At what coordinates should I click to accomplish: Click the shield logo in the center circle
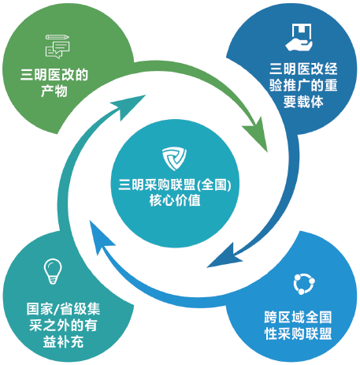point(174,158)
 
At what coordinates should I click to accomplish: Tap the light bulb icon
point(53,271)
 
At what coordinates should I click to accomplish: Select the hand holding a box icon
point(299,37)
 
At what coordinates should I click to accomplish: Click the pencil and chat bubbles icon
point(58,47)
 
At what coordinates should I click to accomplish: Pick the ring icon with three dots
point(304,284)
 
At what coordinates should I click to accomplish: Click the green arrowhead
point(256,133)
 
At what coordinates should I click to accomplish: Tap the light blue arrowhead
point(100,237)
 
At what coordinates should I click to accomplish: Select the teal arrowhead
point(129,106)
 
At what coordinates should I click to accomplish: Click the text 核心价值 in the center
point(175,200)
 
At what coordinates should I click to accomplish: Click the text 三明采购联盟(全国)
point(175,184)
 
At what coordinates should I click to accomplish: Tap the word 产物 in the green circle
point(54,91)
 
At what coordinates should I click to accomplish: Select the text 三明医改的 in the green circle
point(54,75)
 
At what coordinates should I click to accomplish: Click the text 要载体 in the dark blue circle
point(303,102)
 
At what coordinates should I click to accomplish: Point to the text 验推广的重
point(303,85)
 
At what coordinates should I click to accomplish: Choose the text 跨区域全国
point(299,317)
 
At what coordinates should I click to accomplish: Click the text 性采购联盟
point(299,333)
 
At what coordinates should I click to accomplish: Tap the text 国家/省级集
point(63,308)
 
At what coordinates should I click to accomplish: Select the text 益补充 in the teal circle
point(63,341)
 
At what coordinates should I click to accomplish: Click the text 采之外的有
point(63,325)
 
